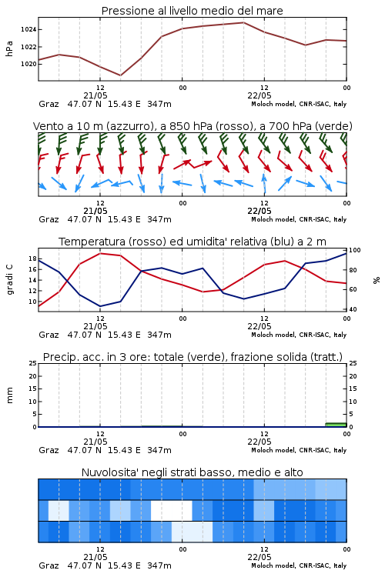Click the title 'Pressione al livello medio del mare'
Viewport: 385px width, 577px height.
coord(192,11)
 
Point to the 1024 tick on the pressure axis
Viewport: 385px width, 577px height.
coord(28,29)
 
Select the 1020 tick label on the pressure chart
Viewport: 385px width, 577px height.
coord(28,64)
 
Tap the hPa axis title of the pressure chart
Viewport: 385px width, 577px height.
coord(9,48)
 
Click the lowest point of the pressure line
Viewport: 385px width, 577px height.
coord(120,75)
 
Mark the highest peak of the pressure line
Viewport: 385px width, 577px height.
coord(243,22)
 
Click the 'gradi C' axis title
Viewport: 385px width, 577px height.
coord(9,280)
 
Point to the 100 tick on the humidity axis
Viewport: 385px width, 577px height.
coord(355,250)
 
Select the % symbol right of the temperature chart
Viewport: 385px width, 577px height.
coord(377,280)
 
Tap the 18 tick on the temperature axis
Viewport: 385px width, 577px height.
coord(32,258)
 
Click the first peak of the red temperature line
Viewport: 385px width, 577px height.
coord(100,254)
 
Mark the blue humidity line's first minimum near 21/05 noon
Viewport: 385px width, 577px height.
coord(100,306)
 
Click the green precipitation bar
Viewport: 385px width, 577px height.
coord(336,425)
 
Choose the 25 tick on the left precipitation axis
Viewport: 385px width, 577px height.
coord(32,364)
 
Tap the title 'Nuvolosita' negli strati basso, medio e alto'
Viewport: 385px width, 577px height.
coord(192,472)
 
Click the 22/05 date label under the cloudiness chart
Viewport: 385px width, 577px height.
coord(259,557)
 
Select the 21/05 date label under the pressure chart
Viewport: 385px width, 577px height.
coord(95,95)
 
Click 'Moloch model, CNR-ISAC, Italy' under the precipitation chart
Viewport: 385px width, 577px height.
coord(299,450)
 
